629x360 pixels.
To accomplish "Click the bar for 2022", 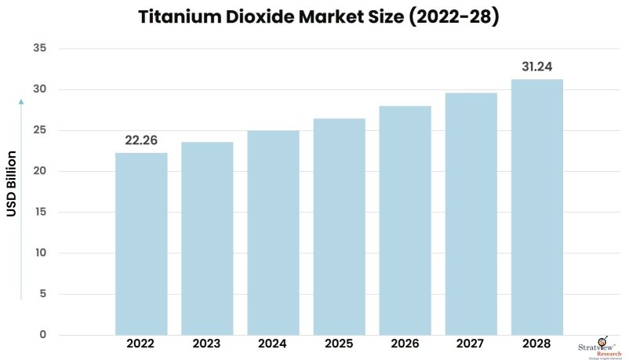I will (141, 244).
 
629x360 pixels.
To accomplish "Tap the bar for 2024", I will (273, 233).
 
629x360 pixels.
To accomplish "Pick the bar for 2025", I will (339, 227).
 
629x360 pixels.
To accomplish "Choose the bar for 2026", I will (405, 220).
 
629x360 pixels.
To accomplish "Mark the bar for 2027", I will (471, 214).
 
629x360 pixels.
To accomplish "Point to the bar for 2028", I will (536, 207).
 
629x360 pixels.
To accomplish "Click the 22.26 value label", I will (141, 140).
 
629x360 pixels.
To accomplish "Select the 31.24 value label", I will (536, 67).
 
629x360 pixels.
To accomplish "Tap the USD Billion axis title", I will (13, 184).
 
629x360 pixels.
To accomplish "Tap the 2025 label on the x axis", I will (339, 344).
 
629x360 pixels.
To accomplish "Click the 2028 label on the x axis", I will (536, 344).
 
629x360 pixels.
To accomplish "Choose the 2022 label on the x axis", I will (141, 344).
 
